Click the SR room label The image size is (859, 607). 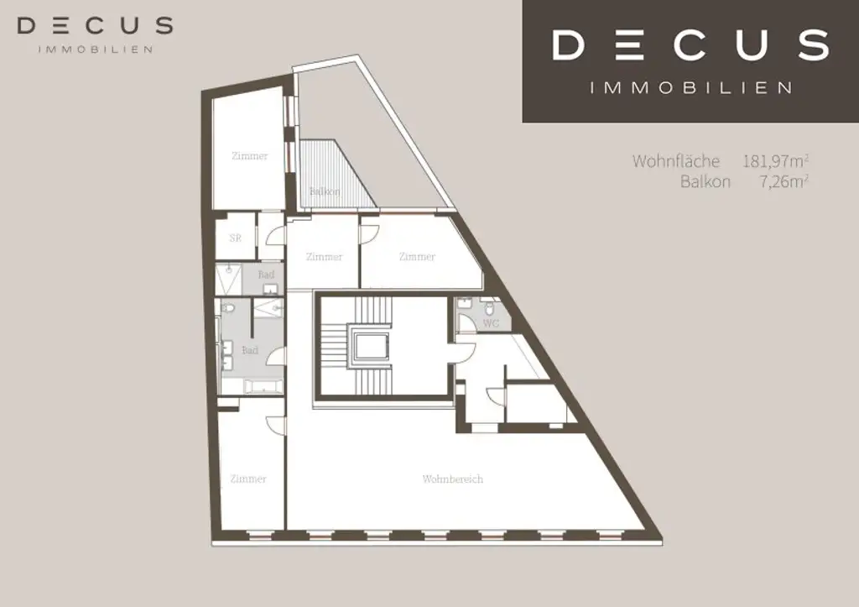[x=236, y=238]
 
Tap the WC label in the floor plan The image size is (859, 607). [x=492, y=322]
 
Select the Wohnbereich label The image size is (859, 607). [x=453, y=479]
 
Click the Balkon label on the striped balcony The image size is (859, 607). [x=325, y=191]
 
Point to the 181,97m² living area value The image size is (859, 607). [x=775, y=160]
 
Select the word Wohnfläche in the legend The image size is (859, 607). [x=676, y=160]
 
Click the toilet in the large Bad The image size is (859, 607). [x=228, y=309]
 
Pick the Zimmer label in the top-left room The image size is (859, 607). [x=250, y=156]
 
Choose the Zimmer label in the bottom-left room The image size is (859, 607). [x=248, y=479]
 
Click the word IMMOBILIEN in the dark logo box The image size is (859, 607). [x=690, y=87]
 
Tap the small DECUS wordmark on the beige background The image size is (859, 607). [x=95, y=26]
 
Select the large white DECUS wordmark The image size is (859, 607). [x=690, y=45]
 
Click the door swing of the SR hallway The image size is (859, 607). [x=275, y=237]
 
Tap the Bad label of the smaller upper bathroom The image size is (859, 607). [x=265, y=275]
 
